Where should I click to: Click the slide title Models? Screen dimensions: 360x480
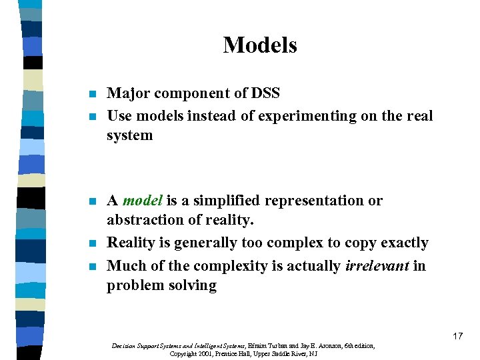pyautogui.click(x=260, y=45)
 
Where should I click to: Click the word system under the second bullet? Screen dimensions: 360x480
pyautogui.click(x=130, y=135)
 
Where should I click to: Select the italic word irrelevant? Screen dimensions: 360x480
pyautogui.click(x=377, y=266)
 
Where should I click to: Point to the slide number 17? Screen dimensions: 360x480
pyautogui.click(x=457, y=336)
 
